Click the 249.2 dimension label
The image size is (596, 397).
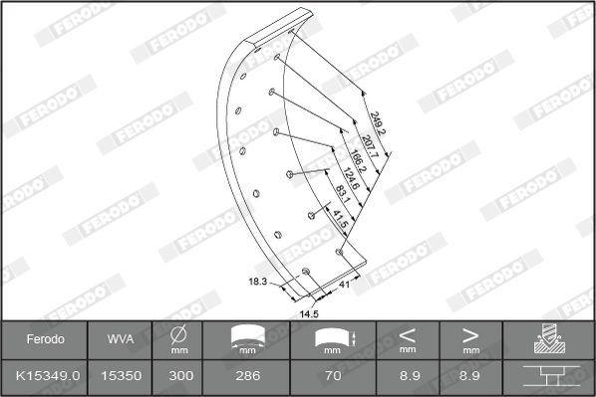378,123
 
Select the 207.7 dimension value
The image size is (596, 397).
370,146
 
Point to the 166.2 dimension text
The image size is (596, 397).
358,161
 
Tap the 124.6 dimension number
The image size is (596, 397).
351,178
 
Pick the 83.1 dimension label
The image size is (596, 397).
343,194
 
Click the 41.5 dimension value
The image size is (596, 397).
340,219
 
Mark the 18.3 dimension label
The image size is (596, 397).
258,282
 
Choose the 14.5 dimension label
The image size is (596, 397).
309,314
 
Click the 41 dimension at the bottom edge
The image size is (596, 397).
344,285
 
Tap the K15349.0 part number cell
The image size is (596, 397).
48,376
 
